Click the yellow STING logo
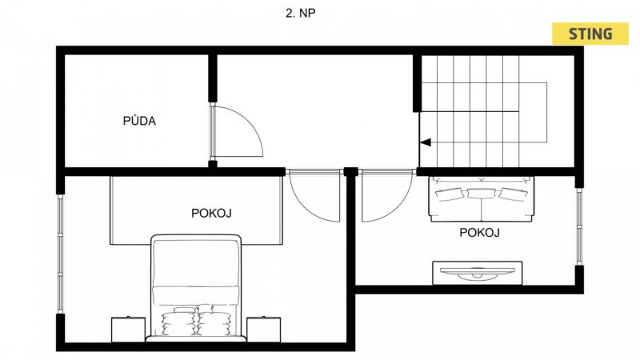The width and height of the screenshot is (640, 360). (590, 34)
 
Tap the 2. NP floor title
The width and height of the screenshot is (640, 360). (301, 13)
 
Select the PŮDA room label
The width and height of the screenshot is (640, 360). (139, 121)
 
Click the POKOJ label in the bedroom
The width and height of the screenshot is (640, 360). (211, 213)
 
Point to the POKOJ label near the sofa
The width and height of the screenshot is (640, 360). (479, 233)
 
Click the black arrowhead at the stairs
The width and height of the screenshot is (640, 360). (426, 142)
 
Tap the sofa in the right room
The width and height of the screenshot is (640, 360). (482, 199)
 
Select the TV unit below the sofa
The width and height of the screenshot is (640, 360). (477, 273)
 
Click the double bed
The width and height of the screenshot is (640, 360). (196, 288)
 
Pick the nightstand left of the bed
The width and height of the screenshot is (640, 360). (128, 330)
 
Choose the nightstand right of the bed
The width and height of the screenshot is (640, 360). (264, 330)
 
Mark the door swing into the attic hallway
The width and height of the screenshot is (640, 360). (236, 131)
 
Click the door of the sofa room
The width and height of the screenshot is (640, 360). (387, 196)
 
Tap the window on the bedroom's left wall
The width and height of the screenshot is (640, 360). (61, 254)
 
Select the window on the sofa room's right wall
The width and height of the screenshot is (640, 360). (579, 226)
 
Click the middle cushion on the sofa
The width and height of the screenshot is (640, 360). (481, 193)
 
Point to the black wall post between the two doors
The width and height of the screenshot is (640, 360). (350, 171)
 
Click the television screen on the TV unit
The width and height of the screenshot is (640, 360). (477, 274)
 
